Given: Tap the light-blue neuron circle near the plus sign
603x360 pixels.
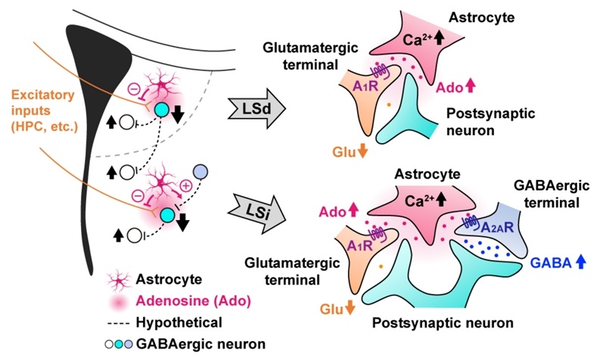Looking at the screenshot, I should [200, 173].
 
